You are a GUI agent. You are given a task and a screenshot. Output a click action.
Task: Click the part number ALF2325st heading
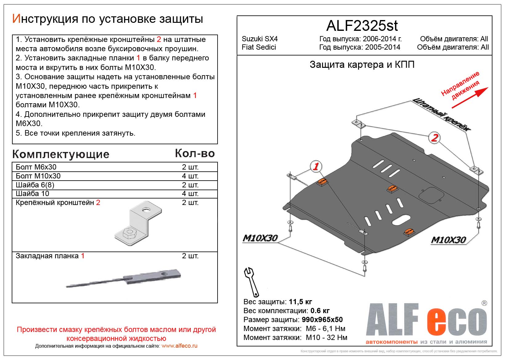[362, 26]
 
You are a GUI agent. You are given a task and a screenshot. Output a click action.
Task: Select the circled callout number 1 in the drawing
[316, 167]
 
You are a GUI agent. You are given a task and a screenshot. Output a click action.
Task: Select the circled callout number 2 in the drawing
[434, 137]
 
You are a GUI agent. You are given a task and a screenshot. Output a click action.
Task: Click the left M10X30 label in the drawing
[260, 238]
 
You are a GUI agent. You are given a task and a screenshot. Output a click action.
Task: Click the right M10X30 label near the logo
[448, 240]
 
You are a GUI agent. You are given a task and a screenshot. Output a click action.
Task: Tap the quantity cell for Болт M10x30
[190, 176]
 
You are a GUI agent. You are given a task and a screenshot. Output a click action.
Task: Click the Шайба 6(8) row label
[35, 185]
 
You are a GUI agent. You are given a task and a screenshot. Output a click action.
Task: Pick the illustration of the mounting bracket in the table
[138, 223]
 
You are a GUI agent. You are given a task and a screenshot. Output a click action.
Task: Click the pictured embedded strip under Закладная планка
[123, 279]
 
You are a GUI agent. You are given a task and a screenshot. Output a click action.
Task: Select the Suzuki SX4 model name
[259, 39]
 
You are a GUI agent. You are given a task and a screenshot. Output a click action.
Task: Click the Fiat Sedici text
[259, 47]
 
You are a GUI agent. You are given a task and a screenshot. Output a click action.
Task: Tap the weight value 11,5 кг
[300, 302]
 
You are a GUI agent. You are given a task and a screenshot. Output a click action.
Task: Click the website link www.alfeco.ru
[179, 346]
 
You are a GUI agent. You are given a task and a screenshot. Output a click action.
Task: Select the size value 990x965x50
[322, 320]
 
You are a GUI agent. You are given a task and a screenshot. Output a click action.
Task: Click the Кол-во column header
[195, 153]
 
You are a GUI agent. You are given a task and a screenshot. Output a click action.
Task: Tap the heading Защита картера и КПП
[362, 64]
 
